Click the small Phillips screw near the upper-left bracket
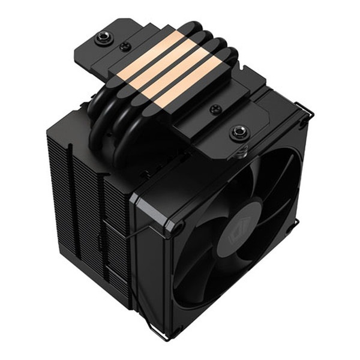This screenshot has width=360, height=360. pos(125,46)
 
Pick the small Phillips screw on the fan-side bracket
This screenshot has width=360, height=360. pos(215,109)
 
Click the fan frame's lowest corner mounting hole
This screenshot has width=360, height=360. pos(176,331)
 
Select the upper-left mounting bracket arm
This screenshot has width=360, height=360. pos(96,48)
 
